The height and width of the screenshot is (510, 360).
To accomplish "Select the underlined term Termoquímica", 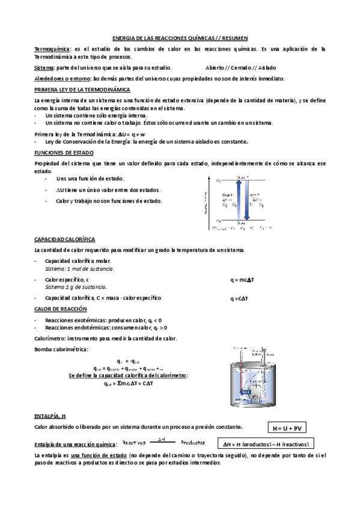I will [x=52, y=49].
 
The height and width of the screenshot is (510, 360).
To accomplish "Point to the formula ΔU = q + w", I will [x=131, y=134].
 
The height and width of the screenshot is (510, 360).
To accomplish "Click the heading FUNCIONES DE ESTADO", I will [x=63, y=153].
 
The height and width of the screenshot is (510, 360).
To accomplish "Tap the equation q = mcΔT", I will [x=243, y=280].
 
